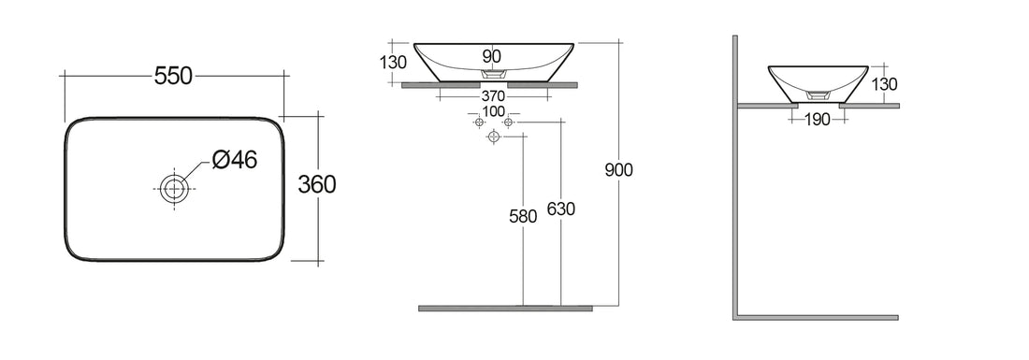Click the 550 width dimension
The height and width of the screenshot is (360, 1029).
pos(173,77)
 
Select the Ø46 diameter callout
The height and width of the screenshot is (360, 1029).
pos(234,160)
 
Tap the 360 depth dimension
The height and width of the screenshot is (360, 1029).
pos(316,185)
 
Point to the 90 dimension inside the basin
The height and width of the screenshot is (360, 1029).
pos(491,57)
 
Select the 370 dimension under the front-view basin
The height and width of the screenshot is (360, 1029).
pos(492,96)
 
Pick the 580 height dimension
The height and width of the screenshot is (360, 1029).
pos(522,217)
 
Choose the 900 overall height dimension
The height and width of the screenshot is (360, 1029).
pos(619,169)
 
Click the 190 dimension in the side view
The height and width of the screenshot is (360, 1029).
pos(817,119)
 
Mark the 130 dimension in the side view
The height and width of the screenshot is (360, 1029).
pos(884,85)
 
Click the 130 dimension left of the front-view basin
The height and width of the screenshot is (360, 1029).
pos(394,63)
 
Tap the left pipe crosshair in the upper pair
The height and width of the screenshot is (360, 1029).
pos(479,122)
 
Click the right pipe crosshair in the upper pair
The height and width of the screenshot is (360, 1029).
pos(508,122)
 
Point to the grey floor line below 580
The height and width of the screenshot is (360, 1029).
pos(505,308)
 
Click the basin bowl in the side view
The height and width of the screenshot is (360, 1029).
pos(817,79)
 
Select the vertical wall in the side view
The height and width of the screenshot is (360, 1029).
pos(735,178)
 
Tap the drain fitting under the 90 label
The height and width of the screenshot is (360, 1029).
pos(492,73)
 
